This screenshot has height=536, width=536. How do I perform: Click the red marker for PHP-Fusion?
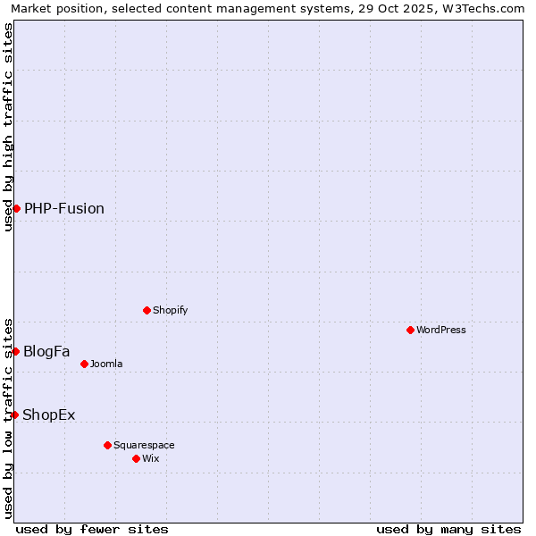click(x=16, y=208)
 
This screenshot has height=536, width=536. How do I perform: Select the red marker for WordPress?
click(x=410, y=330)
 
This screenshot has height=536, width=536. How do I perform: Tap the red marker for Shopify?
click(x=147, y=310)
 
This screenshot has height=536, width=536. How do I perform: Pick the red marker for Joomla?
click(x=84, y=364)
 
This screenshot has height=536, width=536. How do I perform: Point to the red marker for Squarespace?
click(x=107, y=445)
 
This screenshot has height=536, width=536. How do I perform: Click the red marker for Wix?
click(x=136, y=458)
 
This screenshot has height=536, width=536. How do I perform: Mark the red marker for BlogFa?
click(x=15, y=351)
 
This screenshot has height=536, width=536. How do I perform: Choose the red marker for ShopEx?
click(x=14, y=415)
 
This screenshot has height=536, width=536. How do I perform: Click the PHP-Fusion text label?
click(x=64, y=208)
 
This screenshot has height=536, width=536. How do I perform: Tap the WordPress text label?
click(x=441, y=330)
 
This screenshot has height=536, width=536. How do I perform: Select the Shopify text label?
click(x=170, y=310)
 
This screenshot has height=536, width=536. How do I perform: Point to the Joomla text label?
click(x=106, y=364)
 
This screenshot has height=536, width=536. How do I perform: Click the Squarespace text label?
click(x=144, y=445)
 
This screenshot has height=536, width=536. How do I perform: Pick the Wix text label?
click(x=150, y=458)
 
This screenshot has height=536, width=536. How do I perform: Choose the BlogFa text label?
click(x=46, y=351)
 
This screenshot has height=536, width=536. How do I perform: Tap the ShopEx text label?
click(x=49, y=415)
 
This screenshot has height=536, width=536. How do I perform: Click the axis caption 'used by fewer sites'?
click(x=92, y=529)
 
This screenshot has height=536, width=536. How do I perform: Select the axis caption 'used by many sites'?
click(x=448, y=529)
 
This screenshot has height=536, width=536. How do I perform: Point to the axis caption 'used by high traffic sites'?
click(x=8, y=127)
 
